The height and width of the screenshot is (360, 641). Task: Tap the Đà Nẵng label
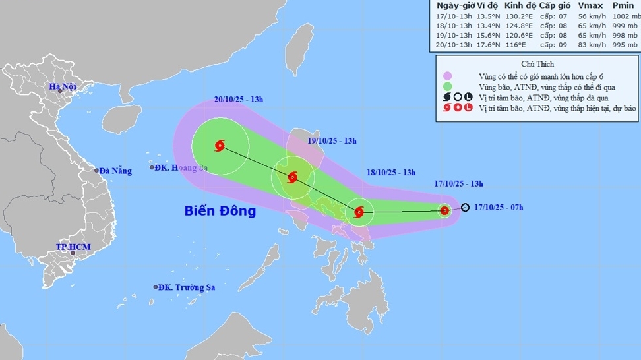pyautogui.click(x=115, y=171)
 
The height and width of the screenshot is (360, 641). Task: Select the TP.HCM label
pyautogui.click(x=73, y=247)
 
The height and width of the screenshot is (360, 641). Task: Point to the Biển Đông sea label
pyautogui.click(x=220, y=212)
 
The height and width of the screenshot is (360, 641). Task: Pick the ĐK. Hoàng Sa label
pyautogui.click(x=180, y=168)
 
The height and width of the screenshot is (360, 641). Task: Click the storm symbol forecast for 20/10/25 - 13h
pyautogui.click(x=220, y=146)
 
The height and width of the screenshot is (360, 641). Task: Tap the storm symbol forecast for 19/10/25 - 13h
pyautogui.click(x=293, y=177)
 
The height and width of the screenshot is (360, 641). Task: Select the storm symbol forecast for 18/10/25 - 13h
pyautogui.click(x=359, y=212)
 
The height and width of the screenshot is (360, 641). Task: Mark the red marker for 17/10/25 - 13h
pyautogui.click(x=444, y=211)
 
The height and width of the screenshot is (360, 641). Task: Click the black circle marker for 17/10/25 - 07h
pyautogui.click(x=465, y=208)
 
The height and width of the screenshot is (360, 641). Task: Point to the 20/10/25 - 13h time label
pyautogui.click(x=239, y=100)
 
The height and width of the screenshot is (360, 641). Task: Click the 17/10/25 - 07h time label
pyautogui.click(x=500, y=208)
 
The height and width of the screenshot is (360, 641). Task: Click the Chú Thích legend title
pyautogui.click(x=537, y=65)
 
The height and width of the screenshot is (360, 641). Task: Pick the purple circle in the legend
pyautogui.click(x=447, y=76)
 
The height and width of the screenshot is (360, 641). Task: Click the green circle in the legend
pyautogui.click(x=447, y=87)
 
